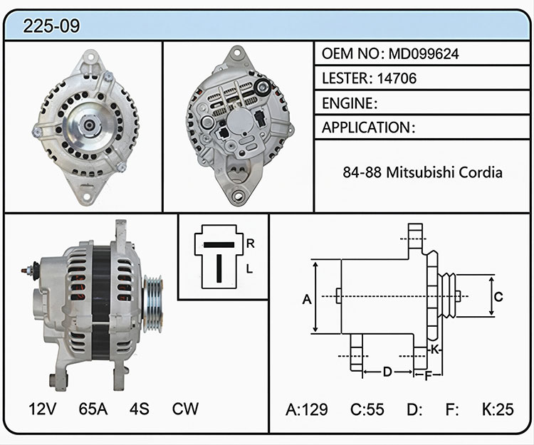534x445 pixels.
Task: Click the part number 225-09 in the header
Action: [51, 26]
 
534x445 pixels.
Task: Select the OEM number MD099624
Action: [424, 54]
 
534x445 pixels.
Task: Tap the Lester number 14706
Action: [397, 78]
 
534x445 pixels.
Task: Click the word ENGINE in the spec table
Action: [347, 103]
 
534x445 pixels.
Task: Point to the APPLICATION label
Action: [367, 127]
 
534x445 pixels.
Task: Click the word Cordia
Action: [481, 172]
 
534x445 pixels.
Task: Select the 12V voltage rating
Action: [42, 409]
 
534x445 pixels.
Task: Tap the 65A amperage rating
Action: [93, 409]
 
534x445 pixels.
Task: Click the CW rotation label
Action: [185, 409]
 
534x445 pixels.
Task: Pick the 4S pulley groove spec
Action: [140, 409]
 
